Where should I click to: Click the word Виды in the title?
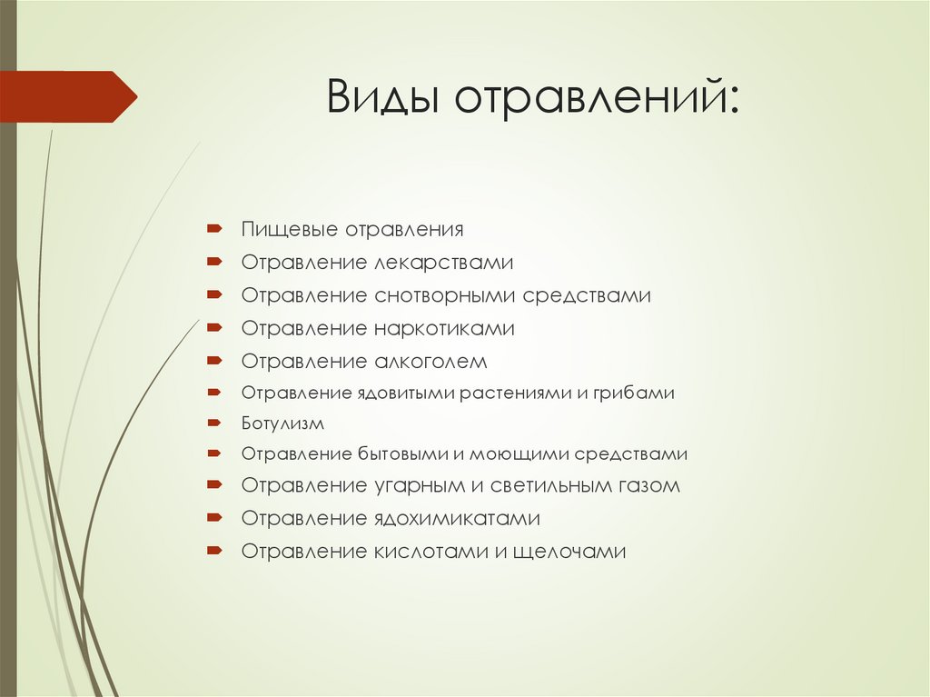(385, 97)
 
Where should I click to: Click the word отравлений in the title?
(597, 97)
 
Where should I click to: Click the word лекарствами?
(444, 263)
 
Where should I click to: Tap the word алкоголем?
(430, 361)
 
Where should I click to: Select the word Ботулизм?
(282, 423)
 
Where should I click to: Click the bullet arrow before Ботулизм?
(213, 423)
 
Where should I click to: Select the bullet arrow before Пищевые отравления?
(213, 229)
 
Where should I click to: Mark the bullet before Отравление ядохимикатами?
(213, 518)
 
